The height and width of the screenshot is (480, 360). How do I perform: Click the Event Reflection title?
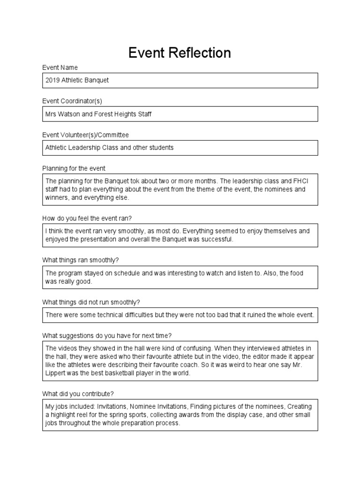[x=180, y=53]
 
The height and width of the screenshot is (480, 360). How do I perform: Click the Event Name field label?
[x=60, y=67]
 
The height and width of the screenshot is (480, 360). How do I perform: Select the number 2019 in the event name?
[x=52, y=80]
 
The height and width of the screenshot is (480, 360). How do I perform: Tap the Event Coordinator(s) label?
[x=72, y=101]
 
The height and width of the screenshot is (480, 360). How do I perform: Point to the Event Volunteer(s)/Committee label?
[x=85, y=135]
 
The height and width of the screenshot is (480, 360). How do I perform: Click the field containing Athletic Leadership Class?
[x=180, y=148]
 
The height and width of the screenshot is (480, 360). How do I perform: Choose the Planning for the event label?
[x=77, y=169]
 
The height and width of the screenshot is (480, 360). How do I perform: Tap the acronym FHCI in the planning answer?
[x=297, y=181]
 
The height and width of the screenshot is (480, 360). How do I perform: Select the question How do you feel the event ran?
[x=90, y=218]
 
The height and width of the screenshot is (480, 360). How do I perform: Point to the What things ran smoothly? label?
[x=83, y=260]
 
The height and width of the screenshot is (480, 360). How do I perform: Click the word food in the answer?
[x=309, y=273]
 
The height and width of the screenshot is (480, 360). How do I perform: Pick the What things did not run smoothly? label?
[x=91, y=302]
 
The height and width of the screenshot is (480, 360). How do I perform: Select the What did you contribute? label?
[x=78, y=394]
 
